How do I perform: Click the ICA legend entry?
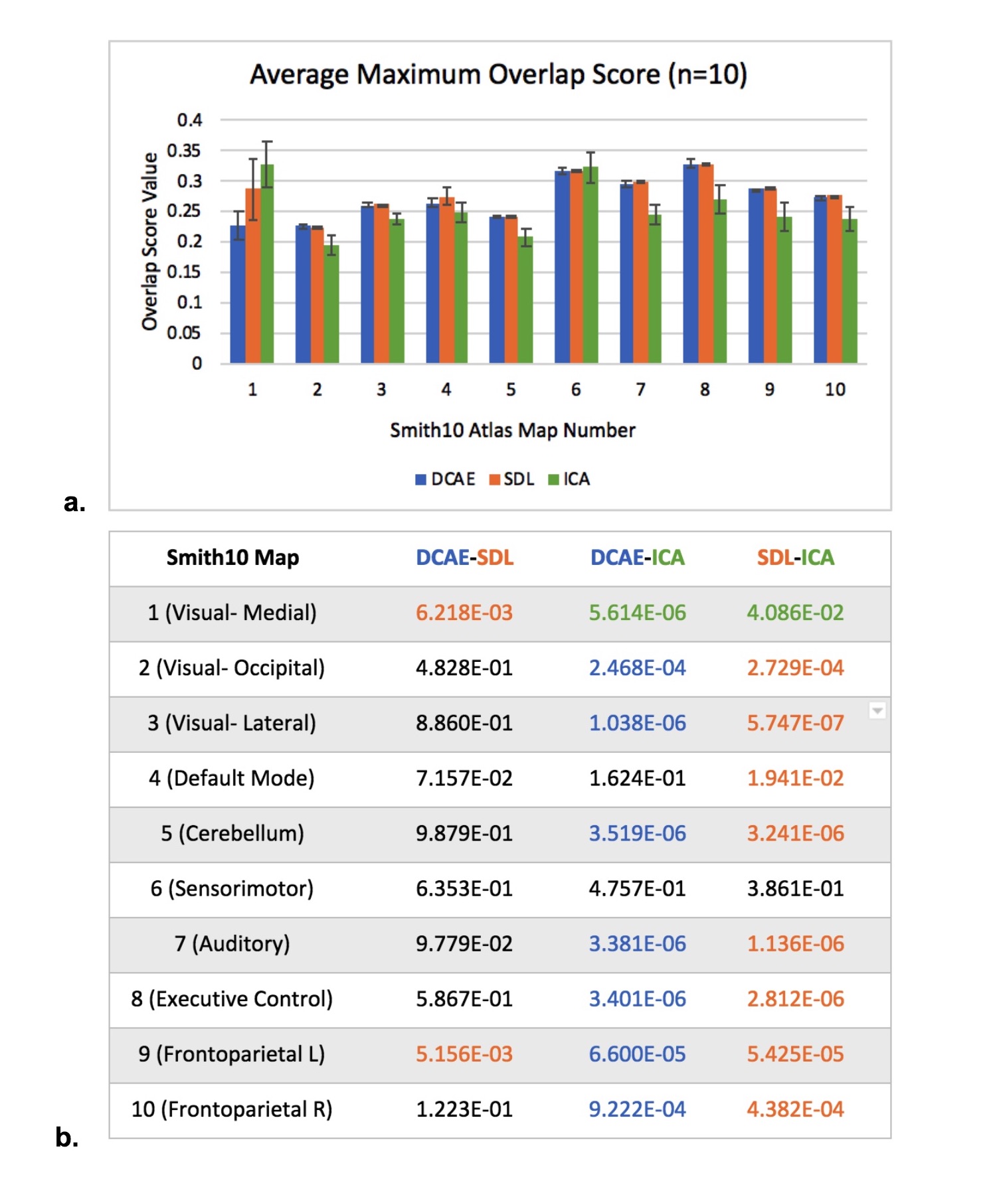(x=569, y=479)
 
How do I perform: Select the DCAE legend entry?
(x=446, y=479)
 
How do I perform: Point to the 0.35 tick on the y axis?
(x=184, y=151)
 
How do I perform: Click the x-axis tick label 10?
(x=835, y=390)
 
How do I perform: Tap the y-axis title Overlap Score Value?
(x=150, y=241)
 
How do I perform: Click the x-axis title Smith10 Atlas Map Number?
(x=512, y=430)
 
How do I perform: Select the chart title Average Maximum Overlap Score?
(x=498, y=74)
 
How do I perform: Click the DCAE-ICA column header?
(x=637, y=558)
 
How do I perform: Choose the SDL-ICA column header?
(x=795, y=558)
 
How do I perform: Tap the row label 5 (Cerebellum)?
(x=232, y=833)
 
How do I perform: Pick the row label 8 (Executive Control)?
(x=232, y=998)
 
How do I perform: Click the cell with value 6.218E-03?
(x=464, y=613)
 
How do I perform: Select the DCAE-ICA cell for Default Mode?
(x=637, y=778)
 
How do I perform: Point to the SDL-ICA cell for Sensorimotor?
(x=795, y=888)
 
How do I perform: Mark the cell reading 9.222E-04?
(x=637, y=1109)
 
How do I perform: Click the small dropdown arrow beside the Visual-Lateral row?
(x=877, y=711)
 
